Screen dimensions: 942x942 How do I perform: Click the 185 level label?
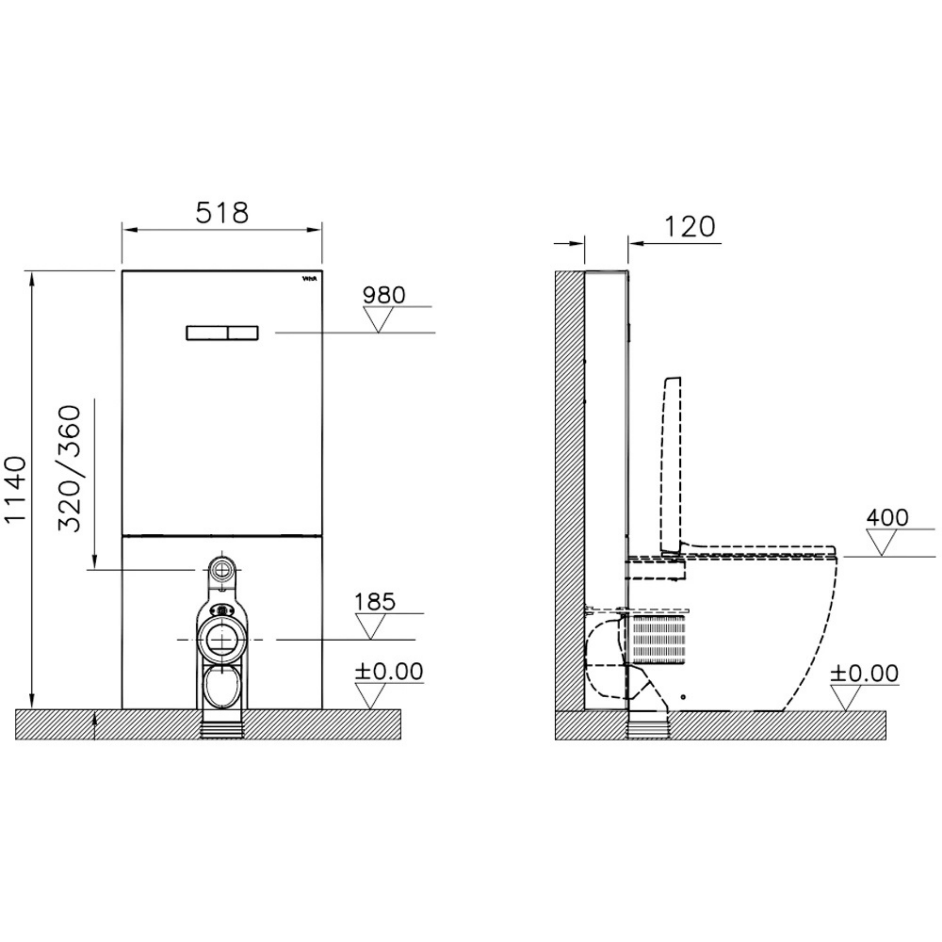click(375, 602)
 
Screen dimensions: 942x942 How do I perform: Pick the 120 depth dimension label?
click(689, 227)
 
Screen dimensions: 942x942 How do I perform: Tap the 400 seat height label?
click(887, 517)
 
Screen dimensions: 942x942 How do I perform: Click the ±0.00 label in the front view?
click(389, 672)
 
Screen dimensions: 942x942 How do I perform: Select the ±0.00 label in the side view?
click(864, 673)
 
